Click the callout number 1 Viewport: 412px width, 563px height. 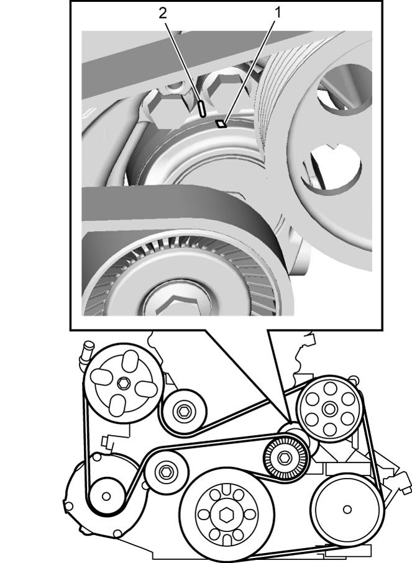pyautogui.click(x=277, y=13)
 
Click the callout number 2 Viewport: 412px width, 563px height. pyautogui.click(x=163, y=13)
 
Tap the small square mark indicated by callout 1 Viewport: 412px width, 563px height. pyautogui.click(x=221, y=124)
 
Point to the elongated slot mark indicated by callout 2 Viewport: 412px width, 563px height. pyautogui.click(x=202, y=109)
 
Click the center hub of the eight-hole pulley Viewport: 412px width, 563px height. pyautogui.click(x=328, y=408)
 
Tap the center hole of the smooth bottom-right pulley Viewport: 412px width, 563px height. pyautogui.click(x=347, y=509)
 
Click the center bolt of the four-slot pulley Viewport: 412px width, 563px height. pyautogui.click(x=123, y=383)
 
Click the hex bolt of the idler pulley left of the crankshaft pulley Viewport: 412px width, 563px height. pyautogui.click(x=166, y=471)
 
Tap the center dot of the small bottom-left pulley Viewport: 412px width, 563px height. pyautogui.click(x=106, y=496)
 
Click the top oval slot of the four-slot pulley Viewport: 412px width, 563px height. pyautogui.click(x=130, y=361)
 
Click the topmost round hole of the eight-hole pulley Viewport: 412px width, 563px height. pyautogui.click(x=329, y=387)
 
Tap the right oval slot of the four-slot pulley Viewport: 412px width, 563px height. pyautogui.click(x=147, y=389)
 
